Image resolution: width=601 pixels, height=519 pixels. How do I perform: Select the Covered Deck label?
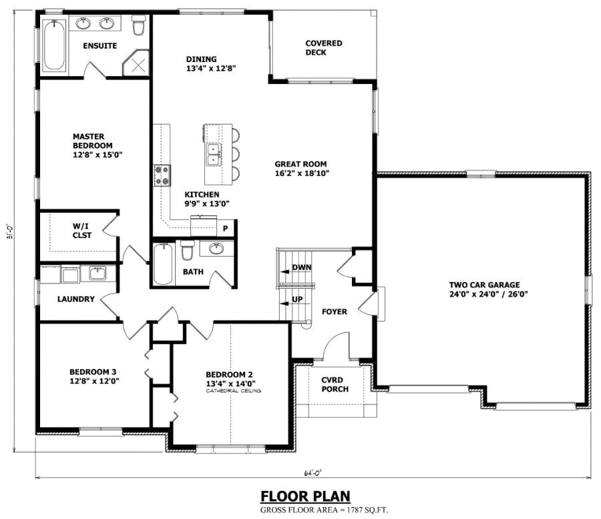tap(324, 48)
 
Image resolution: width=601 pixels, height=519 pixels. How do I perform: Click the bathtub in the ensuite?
tap(53, 41)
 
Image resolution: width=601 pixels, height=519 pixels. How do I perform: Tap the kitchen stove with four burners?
tap(162, 175)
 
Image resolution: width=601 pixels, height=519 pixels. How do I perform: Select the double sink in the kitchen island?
tap(214, 155)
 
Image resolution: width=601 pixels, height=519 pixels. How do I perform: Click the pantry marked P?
tap(226, 228)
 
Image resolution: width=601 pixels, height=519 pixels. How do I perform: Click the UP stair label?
tap(298, 300)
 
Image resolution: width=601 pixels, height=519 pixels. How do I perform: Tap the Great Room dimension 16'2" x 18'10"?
tap(302, 173)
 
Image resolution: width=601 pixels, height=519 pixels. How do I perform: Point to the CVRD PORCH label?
tap(334, 384)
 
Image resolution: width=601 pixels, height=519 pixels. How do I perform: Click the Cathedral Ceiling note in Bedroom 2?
tap(233, 391)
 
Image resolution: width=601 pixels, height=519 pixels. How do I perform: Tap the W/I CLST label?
tap(82, 231)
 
